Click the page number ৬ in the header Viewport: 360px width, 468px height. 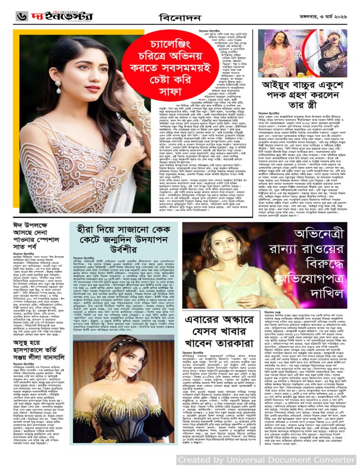(x=10, y=16)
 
